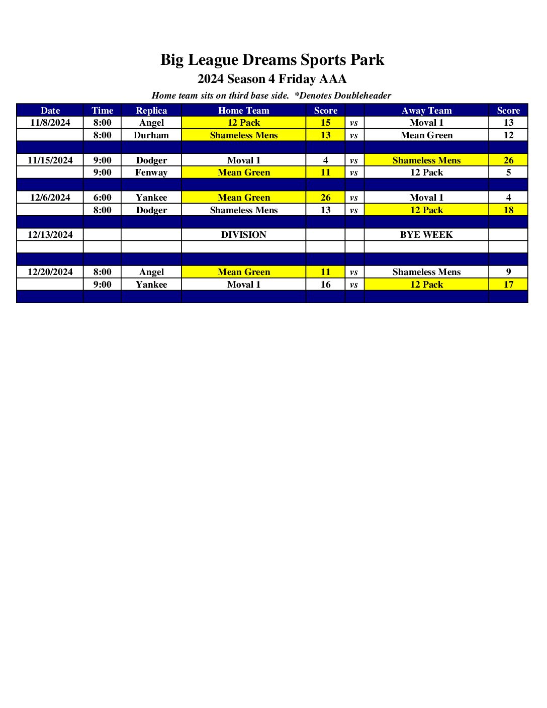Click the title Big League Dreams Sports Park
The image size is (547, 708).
(x=272, y=60)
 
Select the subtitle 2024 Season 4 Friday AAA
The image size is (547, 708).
(x=272, y=79)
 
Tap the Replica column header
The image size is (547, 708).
(x=151, y=111)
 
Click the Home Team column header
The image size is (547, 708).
(x=243, y=111)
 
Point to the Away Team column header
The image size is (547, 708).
(x=426, y=111)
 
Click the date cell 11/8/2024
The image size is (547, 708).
(x=50, y=123)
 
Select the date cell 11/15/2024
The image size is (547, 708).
(x=50, y=160)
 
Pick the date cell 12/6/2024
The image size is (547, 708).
(x=50, y=198)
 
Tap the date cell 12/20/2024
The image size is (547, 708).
(x=50, y=272)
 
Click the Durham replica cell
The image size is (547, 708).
(x=151, y=135)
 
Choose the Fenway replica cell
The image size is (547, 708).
(x=151, y=172)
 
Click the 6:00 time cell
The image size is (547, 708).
(x=103, y=198)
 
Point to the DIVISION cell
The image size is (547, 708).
(x=243, y=235)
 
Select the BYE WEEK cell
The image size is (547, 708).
(x=426, y=235)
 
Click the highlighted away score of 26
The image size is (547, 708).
(x=508, y=160)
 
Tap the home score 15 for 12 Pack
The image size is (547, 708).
(x=326, y=123)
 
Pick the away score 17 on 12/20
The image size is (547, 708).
(x=508, y=285)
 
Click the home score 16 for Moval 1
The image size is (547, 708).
(x=326, y=285)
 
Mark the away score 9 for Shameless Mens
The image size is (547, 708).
(x=508, y=272)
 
